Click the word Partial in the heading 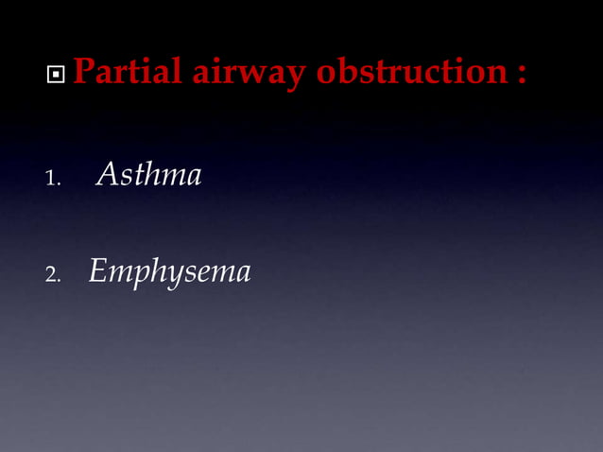[129, 71]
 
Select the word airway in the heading [249, 73]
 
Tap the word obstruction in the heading [412, 71]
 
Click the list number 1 [52, 178]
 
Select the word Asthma [149, 175]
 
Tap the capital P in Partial [83, 71]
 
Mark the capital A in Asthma [108, 175]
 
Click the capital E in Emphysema [99, 272]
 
